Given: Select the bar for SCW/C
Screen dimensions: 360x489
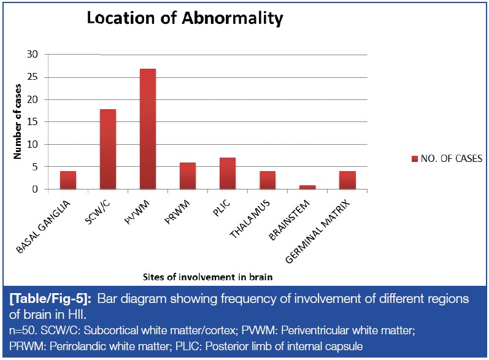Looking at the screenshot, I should tap(107, 149).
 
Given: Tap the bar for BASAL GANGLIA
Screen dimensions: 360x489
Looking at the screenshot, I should tap(68, 180).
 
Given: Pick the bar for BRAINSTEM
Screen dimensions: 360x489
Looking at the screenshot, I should tap(307, 187).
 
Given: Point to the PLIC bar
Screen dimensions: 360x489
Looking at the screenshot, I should tap(227, 174).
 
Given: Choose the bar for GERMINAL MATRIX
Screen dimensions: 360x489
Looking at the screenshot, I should tap(347, 180).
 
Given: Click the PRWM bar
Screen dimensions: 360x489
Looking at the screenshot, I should tap(188, 176).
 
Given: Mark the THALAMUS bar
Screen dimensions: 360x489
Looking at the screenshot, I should tap(268, 180).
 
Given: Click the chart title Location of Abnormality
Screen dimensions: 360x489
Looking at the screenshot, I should tap(185, 18).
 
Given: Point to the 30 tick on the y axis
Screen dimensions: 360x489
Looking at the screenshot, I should tap(33, 55).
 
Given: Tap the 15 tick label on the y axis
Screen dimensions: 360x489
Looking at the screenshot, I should tap(33, 122).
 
